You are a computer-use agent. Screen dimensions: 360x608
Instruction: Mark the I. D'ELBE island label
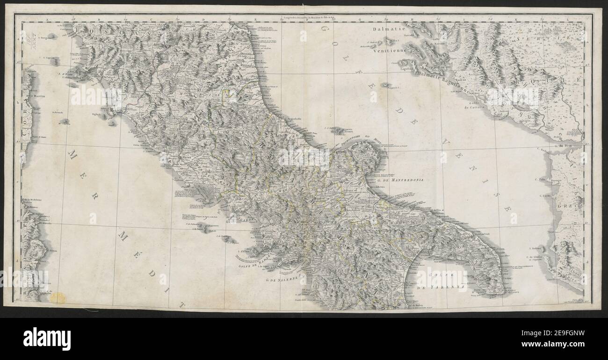pyautogui.click(x=66, y=74)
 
